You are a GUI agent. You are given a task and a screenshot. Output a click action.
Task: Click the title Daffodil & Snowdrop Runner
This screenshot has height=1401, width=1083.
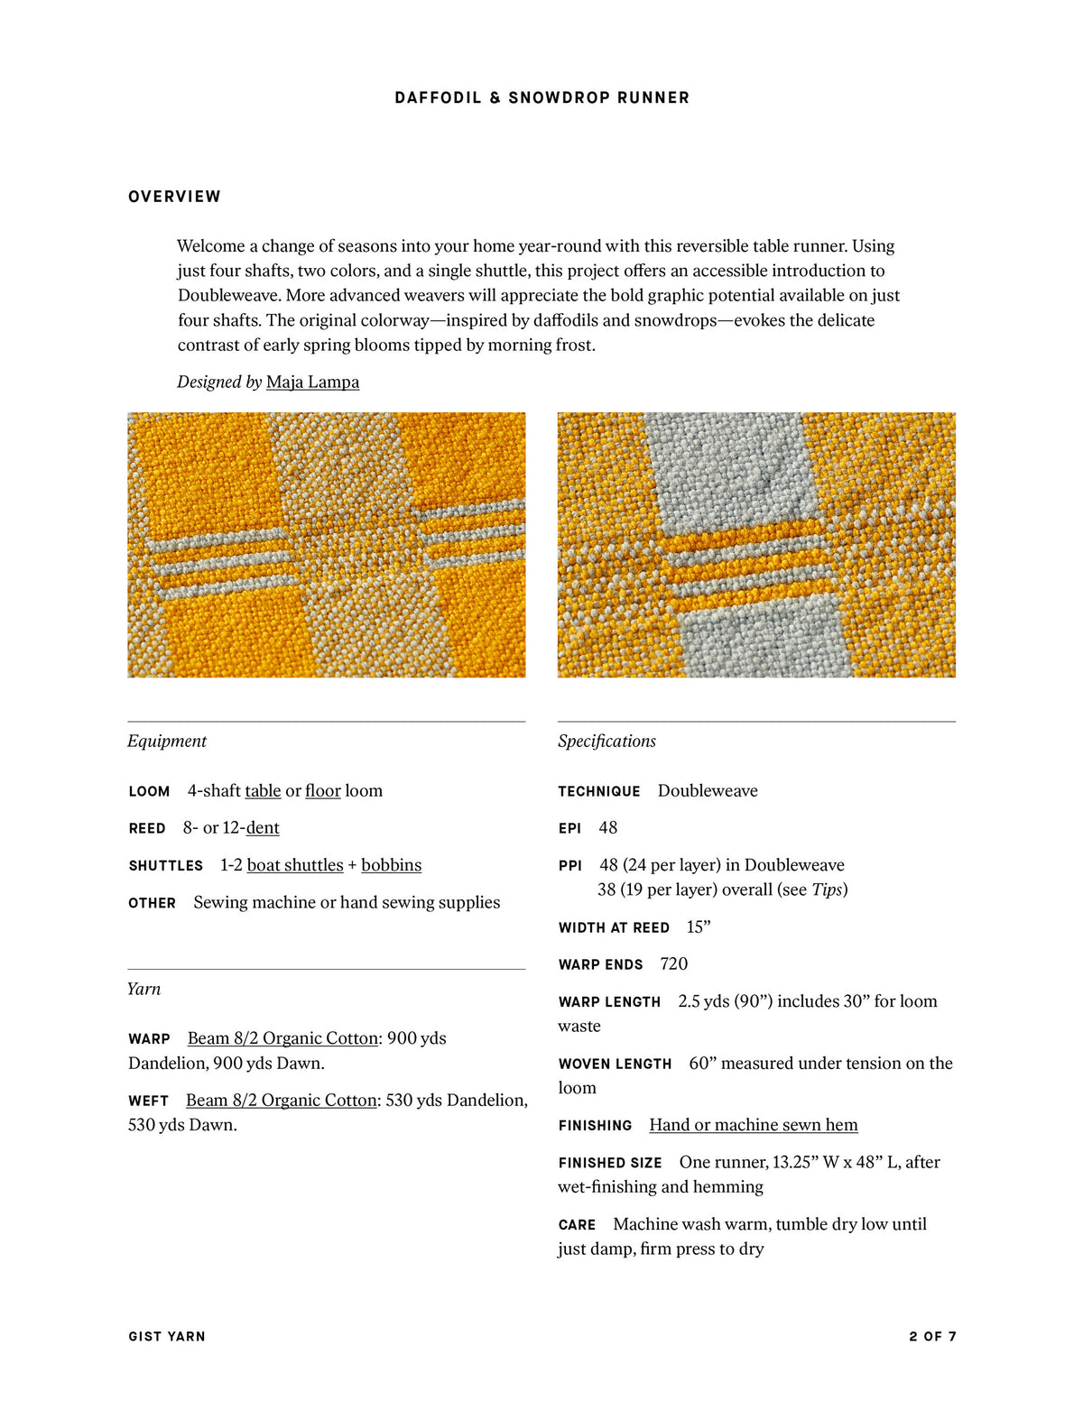pyautogui.click(x=541, y=97)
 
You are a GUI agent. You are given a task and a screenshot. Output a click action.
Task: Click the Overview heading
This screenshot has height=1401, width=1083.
pyautogui.click(x=174, y=197)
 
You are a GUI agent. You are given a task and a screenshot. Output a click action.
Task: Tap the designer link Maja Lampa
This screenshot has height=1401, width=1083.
pyautogui.click(x=312, y=382)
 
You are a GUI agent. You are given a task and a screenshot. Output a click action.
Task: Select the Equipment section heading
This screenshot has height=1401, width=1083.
pyautogui.click(x=167, y=741)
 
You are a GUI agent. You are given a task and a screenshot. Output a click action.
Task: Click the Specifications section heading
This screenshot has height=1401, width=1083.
pyautogui.click(x=606, y=741)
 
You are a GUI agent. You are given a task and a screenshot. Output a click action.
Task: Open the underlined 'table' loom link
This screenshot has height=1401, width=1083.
pyautogui.click(x=263, y=791)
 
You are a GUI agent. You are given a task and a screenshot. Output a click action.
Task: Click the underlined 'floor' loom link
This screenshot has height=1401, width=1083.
pyautogui.click(x=322, y=791)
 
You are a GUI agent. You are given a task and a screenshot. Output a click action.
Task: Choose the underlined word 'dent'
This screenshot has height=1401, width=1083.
pyautogui.click(x=263, y=828)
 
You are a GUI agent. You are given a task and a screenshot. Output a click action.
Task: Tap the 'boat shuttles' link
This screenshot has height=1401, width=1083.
pyautogui.click(x=295, y=865)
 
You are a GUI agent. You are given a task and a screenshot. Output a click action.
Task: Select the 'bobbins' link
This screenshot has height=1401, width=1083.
pyautogui.click(x=391, y=865)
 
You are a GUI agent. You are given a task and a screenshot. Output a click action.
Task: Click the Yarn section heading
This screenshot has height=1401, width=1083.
pyautogui.click(x=144, y=989)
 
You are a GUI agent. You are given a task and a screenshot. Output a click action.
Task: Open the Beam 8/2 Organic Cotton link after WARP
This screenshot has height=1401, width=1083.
pyautogui.click(x=282, y=1038)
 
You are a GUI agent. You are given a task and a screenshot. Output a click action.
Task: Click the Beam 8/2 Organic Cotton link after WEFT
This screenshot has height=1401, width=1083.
pyautogui.click(x=281, y=1101)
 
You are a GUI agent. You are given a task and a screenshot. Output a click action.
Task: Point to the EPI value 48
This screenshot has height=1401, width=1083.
pyautogui.click(x=608, y=828)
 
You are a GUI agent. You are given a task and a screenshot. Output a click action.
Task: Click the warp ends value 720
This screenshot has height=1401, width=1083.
pyautogui.click(x=673, y=964)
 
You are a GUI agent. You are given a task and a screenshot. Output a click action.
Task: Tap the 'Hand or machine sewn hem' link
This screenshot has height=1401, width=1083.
pyautogui.click(x=754, y=1125)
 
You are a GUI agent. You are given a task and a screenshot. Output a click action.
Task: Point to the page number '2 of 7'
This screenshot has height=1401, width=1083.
pyautogui.click(x=932, y=1336)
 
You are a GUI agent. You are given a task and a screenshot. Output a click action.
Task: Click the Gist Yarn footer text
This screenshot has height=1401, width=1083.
pyautogui.click(x=167, y=1336)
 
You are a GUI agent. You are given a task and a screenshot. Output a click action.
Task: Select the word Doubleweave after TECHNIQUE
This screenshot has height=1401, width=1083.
pyautogui.click(x=708, y=791)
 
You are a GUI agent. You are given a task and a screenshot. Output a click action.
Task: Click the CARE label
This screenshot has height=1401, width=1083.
pyautogui.click(x=577, y=1225)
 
